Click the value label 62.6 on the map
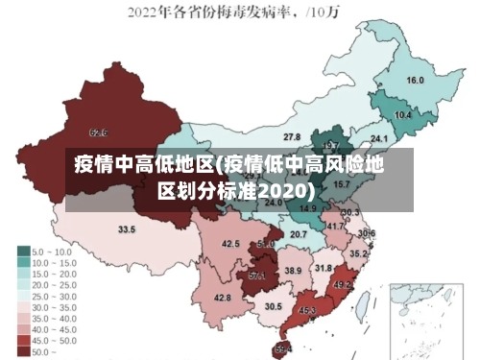pos(98,132)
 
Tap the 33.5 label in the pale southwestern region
pos(127,229)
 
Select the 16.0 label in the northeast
pos(416,81)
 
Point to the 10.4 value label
pos(403,115)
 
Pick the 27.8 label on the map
pos(292,137)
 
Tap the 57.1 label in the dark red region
pos(257,276)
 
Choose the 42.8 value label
pos(222,299)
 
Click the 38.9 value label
pos(293,272)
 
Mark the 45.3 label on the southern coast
pos(307,310)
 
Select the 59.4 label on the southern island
pos(284,348)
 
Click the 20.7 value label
pos(299,234)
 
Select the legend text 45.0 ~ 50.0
pos(55,340)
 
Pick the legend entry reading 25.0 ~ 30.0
pos(55,297)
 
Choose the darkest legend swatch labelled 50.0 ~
pos(22,351)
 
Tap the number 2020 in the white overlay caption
pos(283,190)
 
